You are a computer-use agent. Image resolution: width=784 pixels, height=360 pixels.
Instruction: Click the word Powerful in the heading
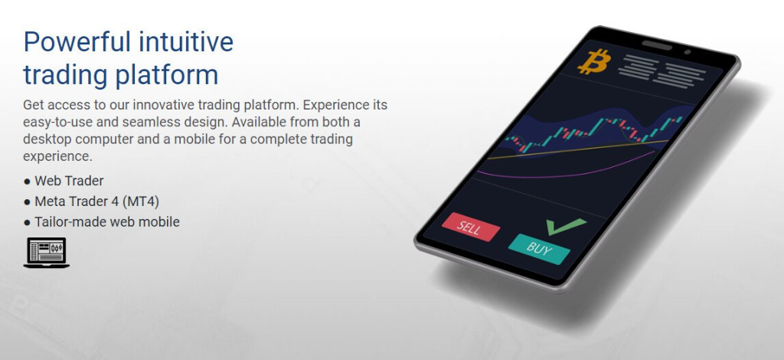(77, 41)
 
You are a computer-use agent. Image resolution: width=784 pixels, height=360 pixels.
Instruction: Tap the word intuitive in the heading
(186, 41)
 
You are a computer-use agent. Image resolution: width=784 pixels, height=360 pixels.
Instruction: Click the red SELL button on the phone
(471, 227)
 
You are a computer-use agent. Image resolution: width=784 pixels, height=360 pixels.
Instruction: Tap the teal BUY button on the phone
(539, 249)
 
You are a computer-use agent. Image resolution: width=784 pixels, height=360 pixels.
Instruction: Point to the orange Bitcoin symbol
(594, 61)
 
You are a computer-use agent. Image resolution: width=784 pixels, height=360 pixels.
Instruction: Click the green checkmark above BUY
(565, 226)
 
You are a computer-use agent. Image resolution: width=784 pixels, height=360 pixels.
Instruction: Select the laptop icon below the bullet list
(46, 253)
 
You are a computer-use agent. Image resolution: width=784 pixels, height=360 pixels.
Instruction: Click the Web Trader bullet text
(69, 181)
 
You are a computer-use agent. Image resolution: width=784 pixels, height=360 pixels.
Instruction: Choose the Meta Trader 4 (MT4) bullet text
(97, 201)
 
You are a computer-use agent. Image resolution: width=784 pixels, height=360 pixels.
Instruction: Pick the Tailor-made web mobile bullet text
(107, 222)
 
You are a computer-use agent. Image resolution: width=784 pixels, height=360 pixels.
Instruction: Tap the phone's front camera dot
(688, 52)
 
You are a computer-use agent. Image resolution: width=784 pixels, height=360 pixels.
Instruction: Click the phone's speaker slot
(657, 45)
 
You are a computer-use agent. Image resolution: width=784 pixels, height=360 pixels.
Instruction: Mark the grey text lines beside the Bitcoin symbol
(662, 71)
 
